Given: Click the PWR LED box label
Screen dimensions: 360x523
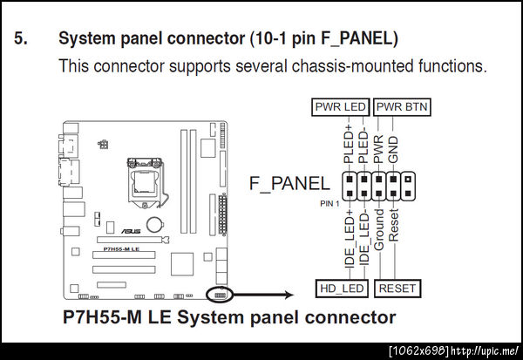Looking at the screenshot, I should point(340,106).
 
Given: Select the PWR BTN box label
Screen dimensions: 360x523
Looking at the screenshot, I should point(404,106).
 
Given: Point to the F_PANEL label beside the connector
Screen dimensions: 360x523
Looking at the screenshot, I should point(289,183).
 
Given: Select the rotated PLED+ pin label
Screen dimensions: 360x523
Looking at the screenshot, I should point(347,143).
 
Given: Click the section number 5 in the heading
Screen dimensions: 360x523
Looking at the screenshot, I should point(21,38).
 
